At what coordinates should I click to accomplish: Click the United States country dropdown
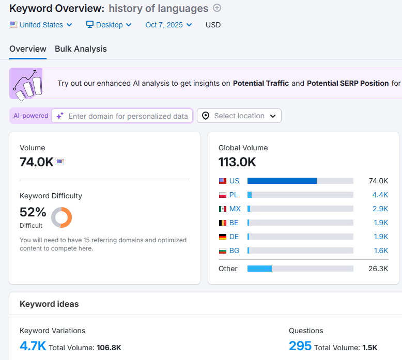click(x=41, y=25)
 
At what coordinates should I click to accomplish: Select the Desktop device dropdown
click(x=109, y=25)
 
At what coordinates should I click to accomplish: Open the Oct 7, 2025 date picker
click(x=168, y=25)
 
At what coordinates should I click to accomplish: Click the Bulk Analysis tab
click(x=81, y=49)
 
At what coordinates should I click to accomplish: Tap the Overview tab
click(x=28, y=49)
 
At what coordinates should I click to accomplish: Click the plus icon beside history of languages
click(x=217, y=8)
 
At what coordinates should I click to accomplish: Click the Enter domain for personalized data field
click(x=122, y=116)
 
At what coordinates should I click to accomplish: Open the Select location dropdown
click(x=239, y=116)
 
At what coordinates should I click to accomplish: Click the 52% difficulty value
click(x=33, y=212)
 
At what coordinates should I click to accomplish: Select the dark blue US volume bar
click(x=282, y=181)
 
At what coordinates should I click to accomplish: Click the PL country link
click(x=234, y=195)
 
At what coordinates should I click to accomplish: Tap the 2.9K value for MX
click(x=380, y=209)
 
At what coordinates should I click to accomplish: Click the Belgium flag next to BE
click(x=223, y=223)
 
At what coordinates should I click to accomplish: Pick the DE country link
click(x=234, y=237)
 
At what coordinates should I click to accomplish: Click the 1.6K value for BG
click(x=381, y=251)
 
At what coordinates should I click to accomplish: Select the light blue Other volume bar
click(x=259, y=269)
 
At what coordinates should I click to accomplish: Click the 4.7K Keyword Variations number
click(x=33, y=346)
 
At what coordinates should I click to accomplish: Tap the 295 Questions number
click(x=300, y=346)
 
